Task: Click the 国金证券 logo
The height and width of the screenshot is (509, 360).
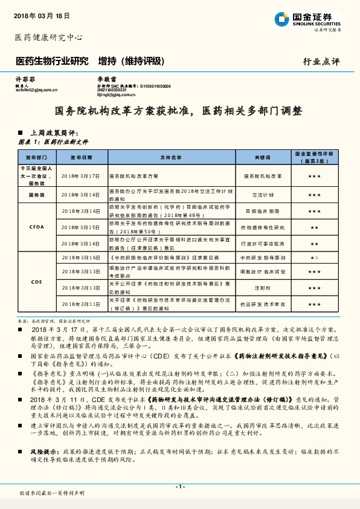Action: pos(312,19)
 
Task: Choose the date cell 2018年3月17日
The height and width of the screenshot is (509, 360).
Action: pos(81,175)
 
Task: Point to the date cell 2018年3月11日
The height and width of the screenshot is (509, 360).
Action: pos(81,304)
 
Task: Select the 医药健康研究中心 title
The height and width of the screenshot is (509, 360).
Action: pos(48,37)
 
